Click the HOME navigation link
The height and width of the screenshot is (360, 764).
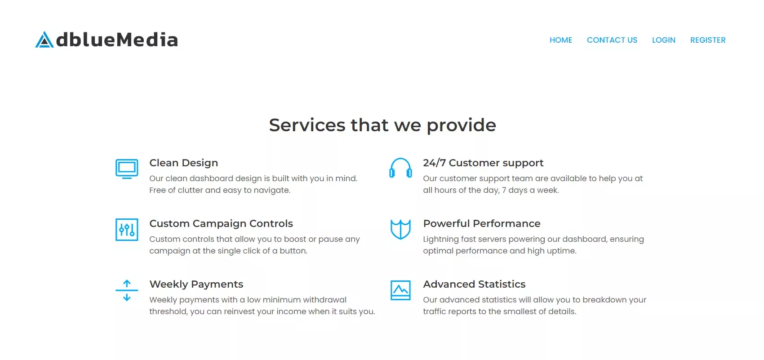pos(561,40)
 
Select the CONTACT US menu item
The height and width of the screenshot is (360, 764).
pos(612,40)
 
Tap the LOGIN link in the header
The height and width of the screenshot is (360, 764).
pos(664,40)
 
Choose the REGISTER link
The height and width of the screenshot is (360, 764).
pos(708,40)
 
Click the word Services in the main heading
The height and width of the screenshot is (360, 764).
pos(307,125)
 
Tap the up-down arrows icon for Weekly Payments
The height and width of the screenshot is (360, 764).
pos(127,290)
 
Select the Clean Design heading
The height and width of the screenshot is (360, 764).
pos(183,163)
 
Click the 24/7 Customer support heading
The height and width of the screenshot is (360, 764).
pos(483,163)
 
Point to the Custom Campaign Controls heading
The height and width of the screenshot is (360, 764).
pos(221,223)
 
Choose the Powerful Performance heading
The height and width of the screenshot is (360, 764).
pos(482,223)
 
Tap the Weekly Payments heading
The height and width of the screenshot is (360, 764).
pos(196,284)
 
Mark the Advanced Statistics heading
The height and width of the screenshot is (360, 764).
pos(474,284)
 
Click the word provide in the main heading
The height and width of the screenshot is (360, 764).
pos(462,125)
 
